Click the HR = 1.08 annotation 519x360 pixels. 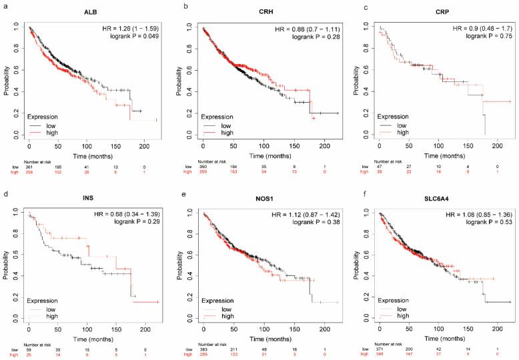coord(481,212)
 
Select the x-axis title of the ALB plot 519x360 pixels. coord(87,153)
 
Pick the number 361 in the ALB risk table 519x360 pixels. coord(29,166)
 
